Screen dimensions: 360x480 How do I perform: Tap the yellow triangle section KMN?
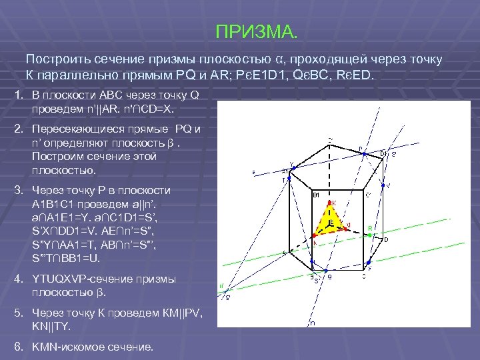[327, 223]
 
